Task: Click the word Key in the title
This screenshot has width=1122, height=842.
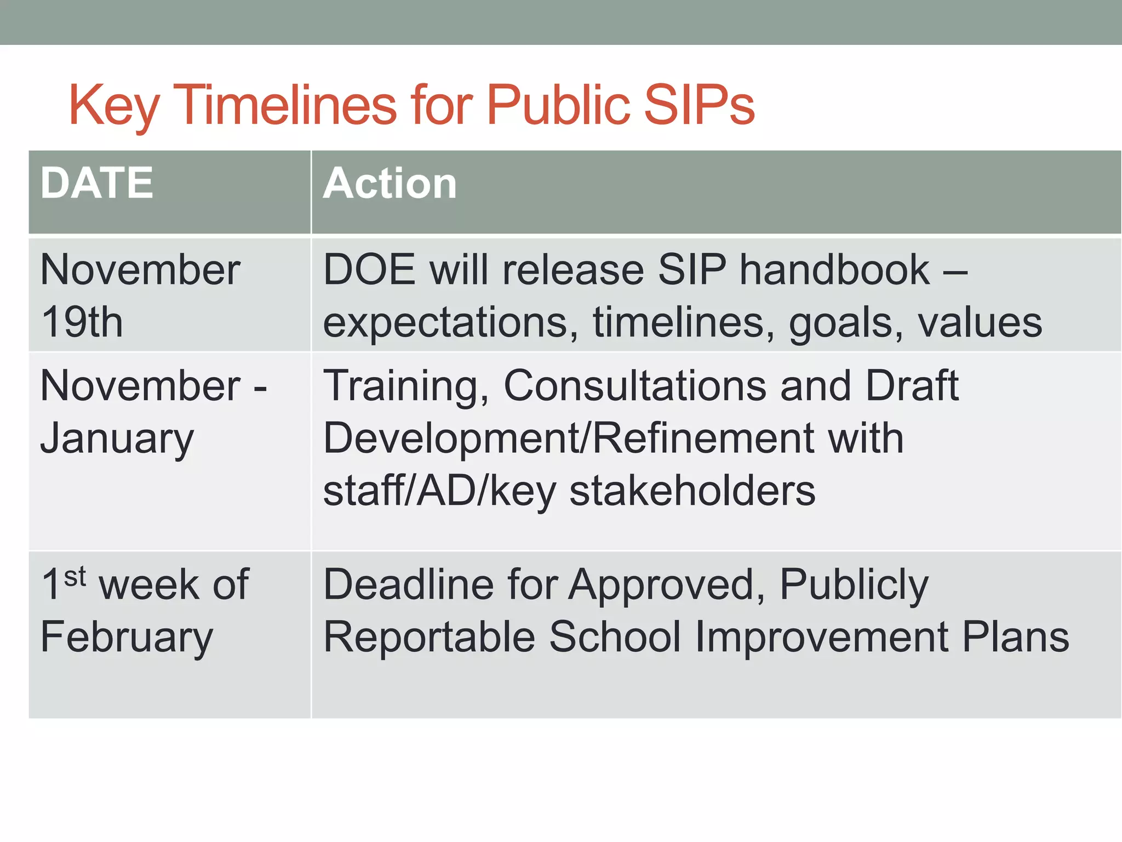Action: pyautogui.click(x=113, y=105)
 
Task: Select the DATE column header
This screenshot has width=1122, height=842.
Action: pyautogui.click(x=96, y=183)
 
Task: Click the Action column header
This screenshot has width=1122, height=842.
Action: pyautogui.click(x=390, y=183)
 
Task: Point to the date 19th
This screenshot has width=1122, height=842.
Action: pyautogui.click(x=82, y=322)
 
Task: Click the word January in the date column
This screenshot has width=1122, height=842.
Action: pyautogui.click(x=117, y=439)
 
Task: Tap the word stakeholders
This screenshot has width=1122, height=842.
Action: pyautogui.click(x=692, y=491)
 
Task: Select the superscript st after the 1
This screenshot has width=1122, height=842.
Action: pyautogui.click(x=75, y=576)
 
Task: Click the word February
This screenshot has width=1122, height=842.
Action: pyautogui.click(x=127, y=638)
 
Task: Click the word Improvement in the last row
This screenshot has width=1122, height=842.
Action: pyautogui.click(x=821, y=638)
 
